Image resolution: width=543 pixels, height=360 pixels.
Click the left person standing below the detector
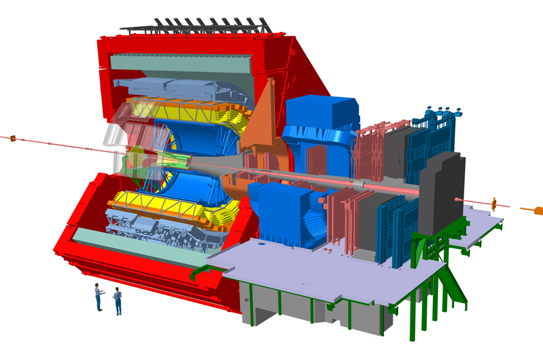pyautogui.click(x=98, y=297)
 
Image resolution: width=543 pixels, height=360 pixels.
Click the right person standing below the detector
pyautogui.click(x=117, y=301)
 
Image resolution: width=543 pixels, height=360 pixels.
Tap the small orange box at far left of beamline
pyautogui.click(x=12, y=137)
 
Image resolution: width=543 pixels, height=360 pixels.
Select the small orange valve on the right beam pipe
pyautogui.click(x=494, y=204)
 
